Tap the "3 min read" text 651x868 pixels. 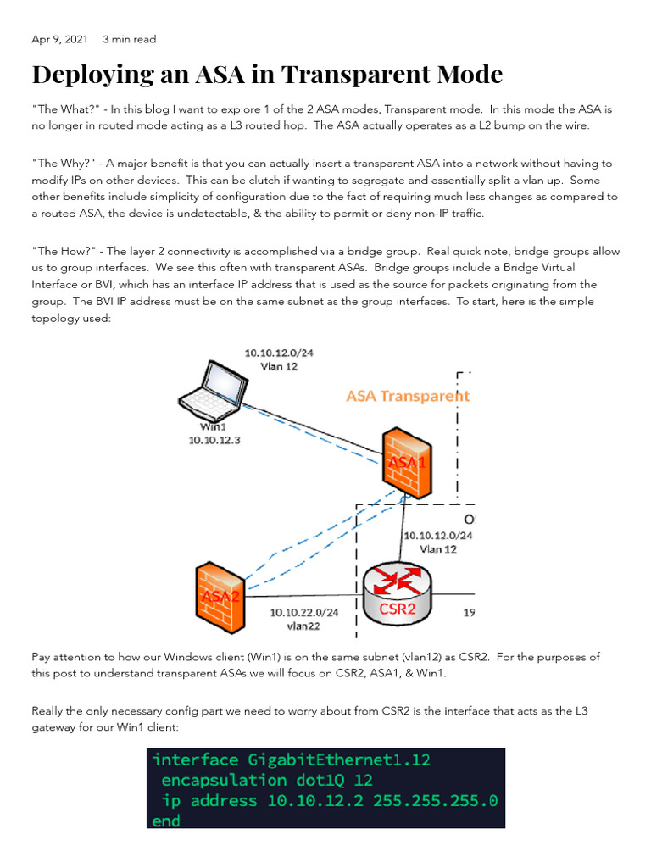click(129, 39)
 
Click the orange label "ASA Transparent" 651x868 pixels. click(408, 396)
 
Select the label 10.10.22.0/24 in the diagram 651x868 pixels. click(303, 613)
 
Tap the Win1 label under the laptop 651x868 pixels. click(214, 428)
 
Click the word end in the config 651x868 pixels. click(166, 821)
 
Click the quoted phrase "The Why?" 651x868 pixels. click(61, 164)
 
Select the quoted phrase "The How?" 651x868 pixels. click(62, 252)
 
